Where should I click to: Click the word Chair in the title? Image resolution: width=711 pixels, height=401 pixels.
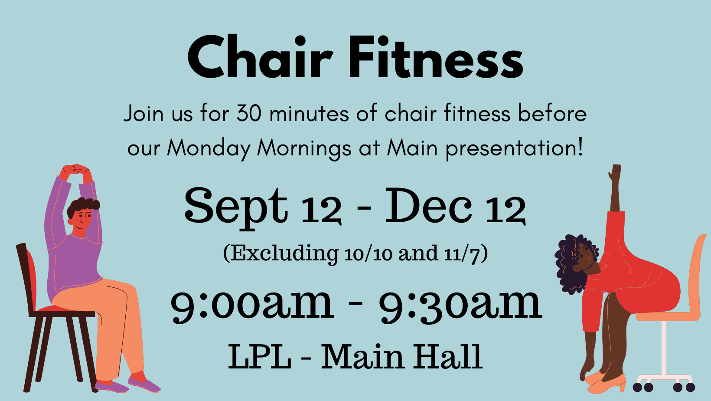pos(260,57)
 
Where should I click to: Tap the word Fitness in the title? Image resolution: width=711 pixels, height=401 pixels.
pos(436,57)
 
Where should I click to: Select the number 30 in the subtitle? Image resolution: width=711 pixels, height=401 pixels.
pos(249,113)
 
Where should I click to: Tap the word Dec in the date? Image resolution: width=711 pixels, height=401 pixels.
pos(428,205)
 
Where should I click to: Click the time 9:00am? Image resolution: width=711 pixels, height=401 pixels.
pos(252,305)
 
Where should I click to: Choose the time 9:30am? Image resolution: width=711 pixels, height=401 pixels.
pos(460,305)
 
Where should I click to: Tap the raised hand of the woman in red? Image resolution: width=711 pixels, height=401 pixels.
pos(615,173)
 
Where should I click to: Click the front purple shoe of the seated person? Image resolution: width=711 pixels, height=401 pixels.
pos(144,385)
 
